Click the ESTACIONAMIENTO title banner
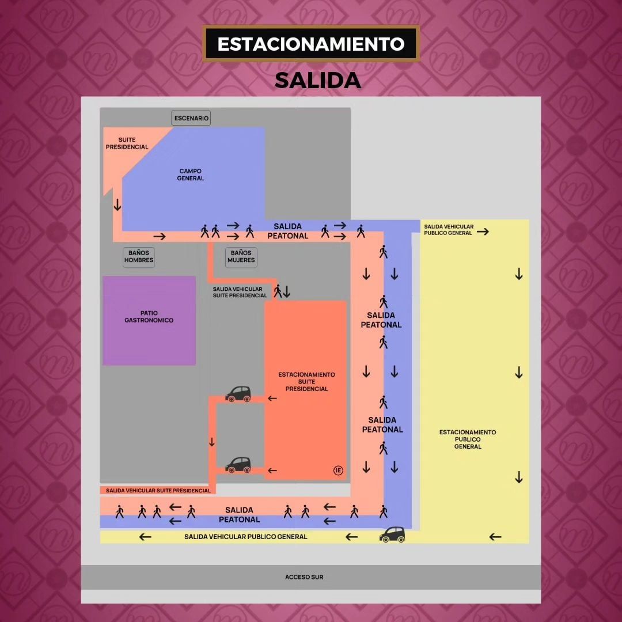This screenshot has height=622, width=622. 311,44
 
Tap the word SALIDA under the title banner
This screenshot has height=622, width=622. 317,81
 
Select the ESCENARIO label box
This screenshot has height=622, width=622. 191,118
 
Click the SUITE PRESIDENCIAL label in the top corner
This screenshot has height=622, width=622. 127,143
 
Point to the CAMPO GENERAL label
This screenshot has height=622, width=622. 191,175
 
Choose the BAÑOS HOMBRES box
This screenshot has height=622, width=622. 139,257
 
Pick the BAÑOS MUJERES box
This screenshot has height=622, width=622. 241,257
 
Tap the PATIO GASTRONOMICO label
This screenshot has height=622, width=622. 149,317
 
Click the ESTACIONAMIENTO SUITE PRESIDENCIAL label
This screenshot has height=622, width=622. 306,381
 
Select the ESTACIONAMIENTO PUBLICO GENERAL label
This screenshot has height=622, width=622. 468,439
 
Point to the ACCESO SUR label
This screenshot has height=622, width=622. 304,577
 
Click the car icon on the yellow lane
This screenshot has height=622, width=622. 392,534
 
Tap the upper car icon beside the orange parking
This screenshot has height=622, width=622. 238,394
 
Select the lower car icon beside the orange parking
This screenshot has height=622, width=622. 238,465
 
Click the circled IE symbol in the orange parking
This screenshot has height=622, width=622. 338,471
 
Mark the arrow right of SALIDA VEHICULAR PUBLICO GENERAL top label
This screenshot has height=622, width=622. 483,232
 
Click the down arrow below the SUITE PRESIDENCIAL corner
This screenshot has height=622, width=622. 117,204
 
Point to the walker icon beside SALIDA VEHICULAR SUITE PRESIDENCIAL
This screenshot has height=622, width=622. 278,291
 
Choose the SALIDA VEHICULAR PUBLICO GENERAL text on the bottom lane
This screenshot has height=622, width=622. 246,537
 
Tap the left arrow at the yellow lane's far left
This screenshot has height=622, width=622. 145,537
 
